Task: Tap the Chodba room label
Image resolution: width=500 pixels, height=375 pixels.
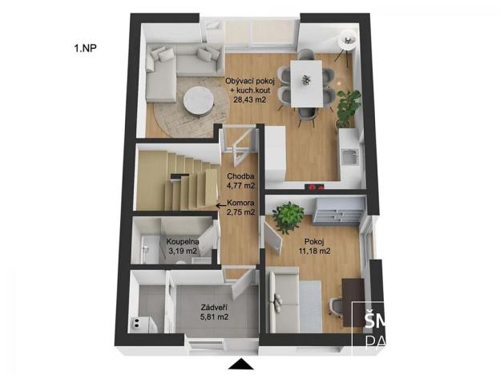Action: [x=240, y=176]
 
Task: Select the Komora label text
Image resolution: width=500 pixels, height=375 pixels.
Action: [x=241, y=204]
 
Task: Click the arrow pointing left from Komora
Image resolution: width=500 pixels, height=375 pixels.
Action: [x=220, y=204]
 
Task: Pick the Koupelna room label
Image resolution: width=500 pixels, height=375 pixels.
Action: [x=183, y=241]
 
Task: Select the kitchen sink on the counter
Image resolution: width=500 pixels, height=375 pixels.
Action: [x=349, y=154]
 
